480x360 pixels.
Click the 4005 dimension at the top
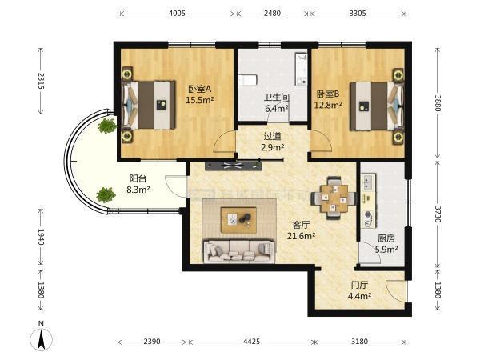tap(177, 14)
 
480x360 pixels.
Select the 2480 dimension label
tap(272, 14)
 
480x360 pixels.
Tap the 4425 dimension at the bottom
tap(252, 341)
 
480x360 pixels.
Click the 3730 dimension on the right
tap(438, 214)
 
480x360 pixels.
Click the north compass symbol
tap(42, 336)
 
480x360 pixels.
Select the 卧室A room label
tap(199, 89)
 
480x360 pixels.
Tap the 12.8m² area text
tap(329, 105)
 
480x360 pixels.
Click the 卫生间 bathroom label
tap(277, 98)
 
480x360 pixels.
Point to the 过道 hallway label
tap(272, 137)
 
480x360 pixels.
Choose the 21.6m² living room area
tap(302, 236)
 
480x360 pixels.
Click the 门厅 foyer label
tap(359, 286)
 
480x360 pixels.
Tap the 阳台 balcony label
tap(138, 178)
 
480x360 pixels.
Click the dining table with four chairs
tap(334, 198)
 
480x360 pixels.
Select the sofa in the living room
tap(239, 251)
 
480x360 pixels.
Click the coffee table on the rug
tap(238, 220)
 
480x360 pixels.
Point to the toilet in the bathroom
tap(246, 81)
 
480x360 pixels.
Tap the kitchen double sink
tap(368, 182)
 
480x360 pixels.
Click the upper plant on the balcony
tap(107, 126)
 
